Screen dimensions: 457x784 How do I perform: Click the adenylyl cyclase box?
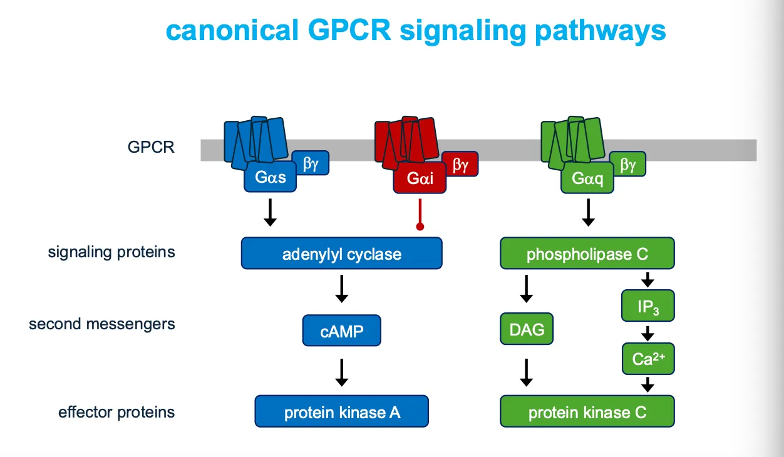click(341, 254)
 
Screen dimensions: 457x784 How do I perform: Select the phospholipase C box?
click(587, 254)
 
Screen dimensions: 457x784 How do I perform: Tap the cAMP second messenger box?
click(341, 331)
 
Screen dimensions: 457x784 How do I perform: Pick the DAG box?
click(527, 330)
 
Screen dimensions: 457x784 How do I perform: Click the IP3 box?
click(648, 306)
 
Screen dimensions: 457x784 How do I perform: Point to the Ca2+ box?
click(648, 359)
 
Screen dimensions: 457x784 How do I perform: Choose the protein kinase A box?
click(341, 411)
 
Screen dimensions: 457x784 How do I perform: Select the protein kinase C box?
click(587, 411)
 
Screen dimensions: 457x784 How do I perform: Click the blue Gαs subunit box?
click(270, 177)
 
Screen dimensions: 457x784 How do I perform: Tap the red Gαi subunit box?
click(420, 179)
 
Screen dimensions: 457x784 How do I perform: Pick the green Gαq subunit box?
click(587, 179)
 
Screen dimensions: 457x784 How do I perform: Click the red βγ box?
click(460, 165)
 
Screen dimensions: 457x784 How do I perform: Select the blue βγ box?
click(311, 163)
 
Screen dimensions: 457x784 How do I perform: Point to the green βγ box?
click(627, 165)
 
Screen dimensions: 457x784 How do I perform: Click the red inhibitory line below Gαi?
click(420, 213)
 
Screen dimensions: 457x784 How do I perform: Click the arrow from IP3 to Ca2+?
click(648, 332)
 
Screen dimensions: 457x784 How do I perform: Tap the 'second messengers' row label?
click(101, 324)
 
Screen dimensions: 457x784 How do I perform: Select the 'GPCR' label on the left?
click(151, 148)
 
